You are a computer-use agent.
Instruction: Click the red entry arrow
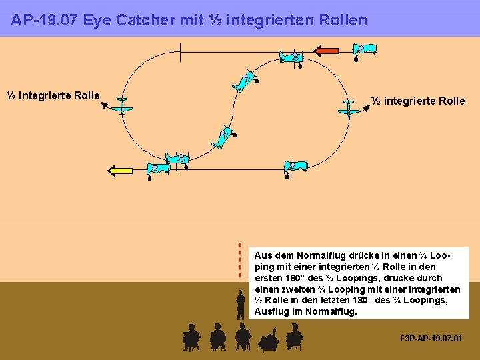[327, 50]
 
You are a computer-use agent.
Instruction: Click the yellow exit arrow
[121, 170]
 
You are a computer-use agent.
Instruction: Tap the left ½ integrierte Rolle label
[53, 95]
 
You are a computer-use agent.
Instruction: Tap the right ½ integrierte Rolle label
[418, 101]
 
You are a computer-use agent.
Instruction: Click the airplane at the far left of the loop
[122, 105]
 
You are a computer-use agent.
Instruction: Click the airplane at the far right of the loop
[348, 109]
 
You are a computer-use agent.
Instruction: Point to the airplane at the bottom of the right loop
[294, 166]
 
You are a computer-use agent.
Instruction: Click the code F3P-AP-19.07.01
[430, 339]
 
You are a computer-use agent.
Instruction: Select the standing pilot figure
[241, 305]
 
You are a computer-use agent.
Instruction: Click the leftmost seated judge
[191, 337]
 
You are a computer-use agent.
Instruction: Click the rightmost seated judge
[294, 337]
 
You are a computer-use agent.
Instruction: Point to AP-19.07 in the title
[43, 20]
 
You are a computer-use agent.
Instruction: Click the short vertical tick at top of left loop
[180, 52]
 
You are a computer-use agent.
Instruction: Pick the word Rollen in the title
[342, 20]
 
